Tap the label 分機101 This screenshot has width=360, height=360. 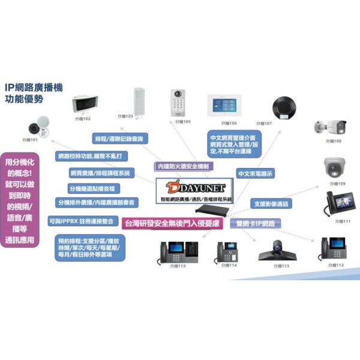(30, 140)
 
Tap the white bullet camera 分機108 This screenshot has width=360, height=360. (330, 127)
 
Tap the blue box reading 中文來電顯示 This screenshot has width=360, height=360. (256, 173)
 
